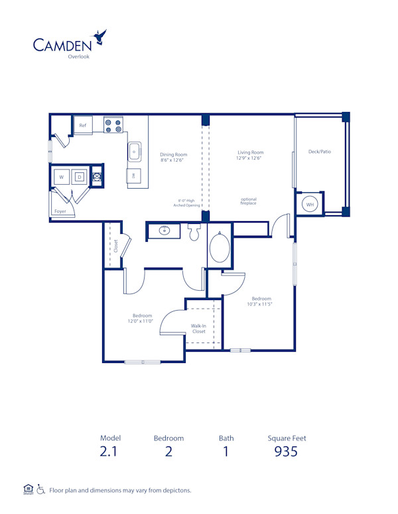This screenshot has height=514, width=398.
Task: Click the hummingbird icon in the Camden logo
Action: (100, 37)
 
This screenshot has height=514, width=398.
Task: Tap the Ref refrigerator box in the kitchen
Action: (83, 125)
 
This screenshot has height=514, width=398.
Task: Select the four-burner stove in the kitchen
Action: (113, 125)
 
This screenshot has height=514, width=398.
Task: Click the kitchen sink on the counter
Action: (134, 151)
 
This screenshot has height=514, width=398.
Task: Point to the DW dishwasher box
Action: (133, 176)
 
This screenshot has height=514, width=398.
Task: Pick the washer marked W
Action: (62, 177)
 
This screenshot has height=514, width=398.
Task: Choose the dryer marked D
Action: (80, 177)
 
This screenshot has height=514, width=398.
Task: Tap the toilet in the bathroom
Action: (194, 232)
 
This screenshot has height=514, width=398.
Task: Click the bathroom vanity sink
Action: (165, 231)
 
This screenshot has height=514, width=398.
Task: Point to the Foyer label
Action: (60, 212)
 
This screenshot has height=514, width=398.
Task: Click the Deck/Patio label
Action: (319, 152)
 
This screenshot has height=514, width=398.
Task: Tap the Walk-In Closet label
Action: (198, 329)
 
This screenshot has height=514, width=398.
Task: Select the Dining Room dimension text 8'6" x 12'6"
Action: (172, 160)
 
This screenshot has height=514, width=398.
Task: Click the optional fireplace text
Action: (249, 201)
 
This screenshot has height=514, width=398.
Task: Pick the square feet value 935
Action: (287, 452)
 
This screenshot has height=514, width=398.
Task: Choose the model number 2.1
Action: (107, 452)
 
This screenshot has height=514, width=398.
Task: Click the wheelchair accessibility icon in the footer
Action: (40, 490)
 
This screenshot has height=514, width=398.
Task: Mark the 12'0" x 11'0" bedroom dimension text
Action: (143, 321)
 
